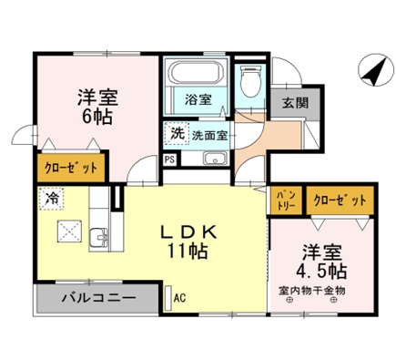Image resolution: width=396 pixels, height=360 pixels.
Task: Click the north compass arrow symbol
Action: click(371, 69)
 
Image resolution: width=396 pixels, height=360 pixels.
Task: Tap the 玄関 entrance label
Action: click(289, 102)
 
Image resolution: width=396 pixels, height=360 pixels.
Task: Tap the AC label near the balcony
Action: click(179, 296)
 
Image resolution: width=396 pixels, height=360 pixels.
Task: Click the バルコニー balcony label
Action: click(98, 298)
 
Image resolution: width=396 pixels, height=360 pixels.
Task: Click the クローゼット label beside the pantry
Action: click(336, 199)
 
